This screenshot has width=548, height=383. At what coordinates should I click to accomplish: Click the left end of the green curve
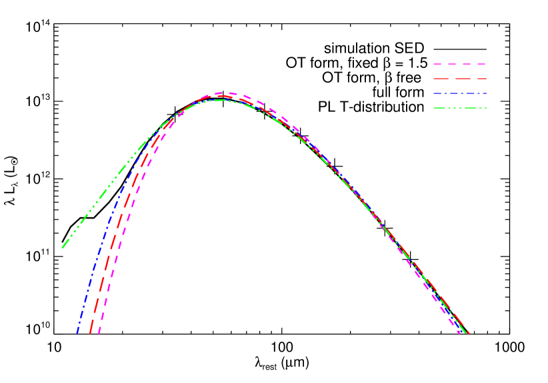63,248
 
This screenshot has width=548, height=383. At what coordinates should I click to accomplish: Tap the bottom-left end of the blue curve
77,332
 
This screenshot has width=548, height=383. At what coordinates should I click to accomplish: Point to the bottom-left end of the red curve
90,332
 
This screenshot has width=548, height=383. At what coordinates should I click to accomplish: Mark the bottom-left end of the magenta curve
99,332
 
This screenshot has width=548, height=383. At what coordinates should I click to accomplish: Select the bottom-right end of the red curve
469,332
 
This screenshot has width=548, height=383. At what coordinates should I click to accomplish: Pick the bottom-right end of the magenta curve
459,332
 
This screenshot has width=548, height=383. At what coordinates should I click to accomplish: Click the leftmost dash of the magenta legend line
437,65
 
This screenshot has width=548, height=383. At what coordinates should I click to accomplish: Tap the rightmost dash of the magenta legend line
481,65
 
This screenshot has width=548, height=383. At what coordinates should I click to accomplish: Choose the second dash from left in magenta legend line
452,65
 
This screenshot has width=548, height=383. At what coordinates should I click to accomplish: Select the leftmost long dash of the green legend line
439,109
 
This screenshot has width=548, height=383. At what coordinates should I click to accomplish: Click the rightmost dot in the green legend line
485,109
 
